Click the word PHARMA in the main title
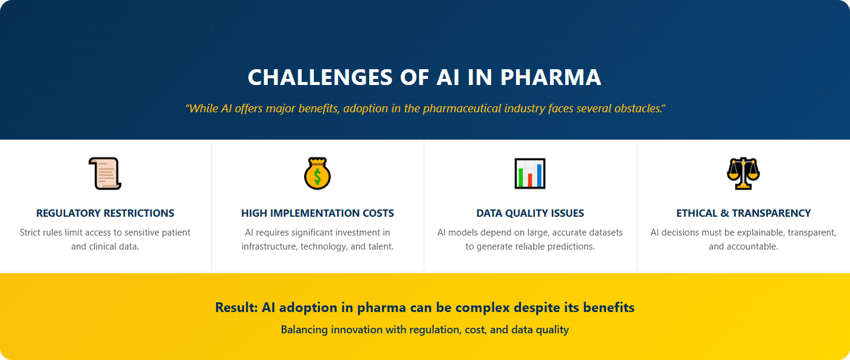[551, 78]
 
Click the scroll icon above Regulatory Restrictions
[105, 174]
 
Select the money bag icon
[318, 174]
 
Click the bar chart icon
[530, 174]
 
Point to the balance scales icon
[743, 174]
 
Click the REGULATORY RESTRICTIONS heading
[105, 213]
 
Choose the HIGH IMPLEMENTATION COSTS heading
[318, 213]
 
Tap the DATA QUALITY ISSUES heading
[530, 213]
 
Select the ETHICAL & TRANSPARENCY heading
[743, 213]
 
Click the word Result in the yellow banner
[236, 308]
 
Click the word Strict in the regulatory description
[30, 233]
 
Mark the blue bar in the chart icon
[539, 175]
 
